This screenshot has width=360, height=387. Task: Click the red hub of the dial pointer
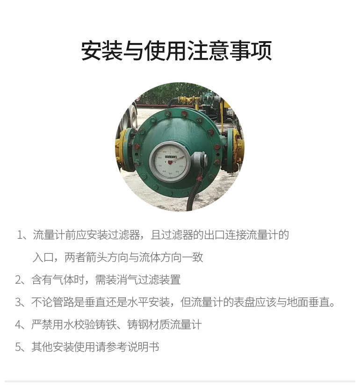pos(170,162)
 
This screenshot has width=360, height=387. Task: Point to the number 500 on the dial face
pos(170,173)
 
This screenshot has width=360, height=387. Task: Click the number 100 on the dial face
pos(177,152)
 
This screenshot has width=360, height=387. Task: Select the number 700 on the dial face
pos(160,165)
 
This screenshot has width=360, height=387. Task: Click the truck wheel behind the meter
pos(130,118)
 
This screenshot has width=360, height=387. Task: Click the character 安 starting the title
pos(92,50)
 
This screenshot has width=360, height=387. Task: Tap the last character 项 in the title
pos(261,50)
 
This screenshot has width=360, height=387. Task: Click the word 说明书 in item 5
pos(143,347)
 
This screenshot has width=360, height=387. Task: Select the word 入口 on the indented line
pos(43,257)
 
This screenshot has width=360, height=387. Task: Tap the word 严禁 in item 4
pos(42,324)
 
